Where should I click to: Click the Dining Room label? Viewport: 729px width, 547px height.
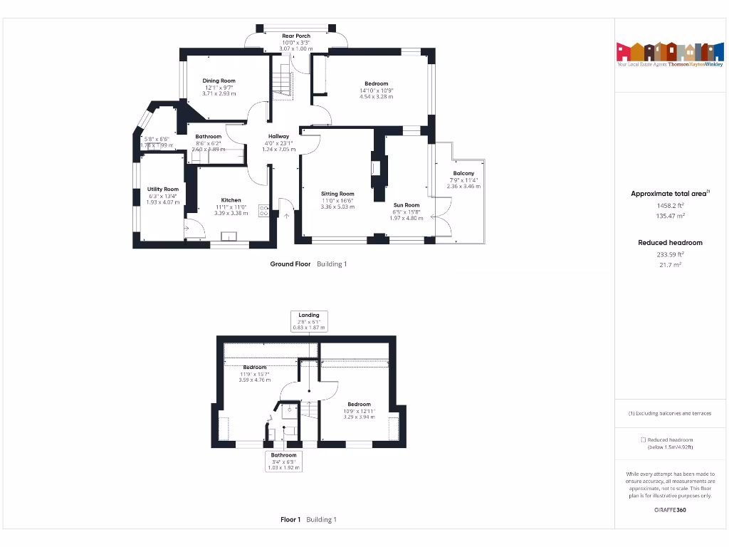(219, 81)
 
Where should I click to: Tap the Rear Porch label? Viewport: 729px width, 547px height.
(296, 36)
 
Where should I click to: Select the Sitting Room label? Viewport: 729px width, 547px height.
(337, 194)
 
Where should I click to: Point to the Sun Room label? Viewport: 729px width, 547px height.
(407, 205)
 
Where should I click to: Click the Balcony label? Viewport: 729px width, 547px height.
(463, 174)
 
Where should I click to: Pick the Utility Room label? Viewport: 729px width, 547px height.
(162, 189)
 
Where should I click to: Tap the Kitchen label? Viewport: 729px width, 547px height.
(231, 200)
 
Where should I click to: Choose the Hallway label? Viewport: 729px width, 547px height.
(278, 137)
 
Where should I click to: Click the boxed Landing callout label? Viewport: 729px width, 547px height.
(309, 315)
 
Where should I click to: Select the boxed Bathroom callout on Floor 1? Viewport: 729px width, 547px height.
(283, 455)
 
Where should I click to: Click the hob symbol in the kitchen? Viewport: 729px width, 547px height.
(263, 210)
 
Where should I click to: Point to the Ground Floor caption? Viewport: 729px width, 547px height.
(290, 264)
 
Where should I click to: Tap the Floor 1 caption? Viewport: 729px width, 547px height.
(290, 520)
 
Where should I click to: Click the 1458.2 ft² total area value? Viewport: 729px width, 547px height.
(670, 205)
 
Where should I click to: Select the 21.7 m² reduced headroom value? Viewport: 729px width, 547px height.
(670, 265)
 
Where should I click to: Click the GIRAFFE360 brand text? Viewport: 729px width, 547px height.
(670, 510)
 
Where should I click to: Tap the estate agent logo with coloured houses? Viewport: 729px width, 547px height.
(664, 53)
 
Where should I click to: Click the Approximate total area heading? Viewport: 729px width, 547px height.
(668, 194)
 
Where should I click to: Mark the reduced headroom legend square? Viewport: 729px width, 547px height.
(643, 440)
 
